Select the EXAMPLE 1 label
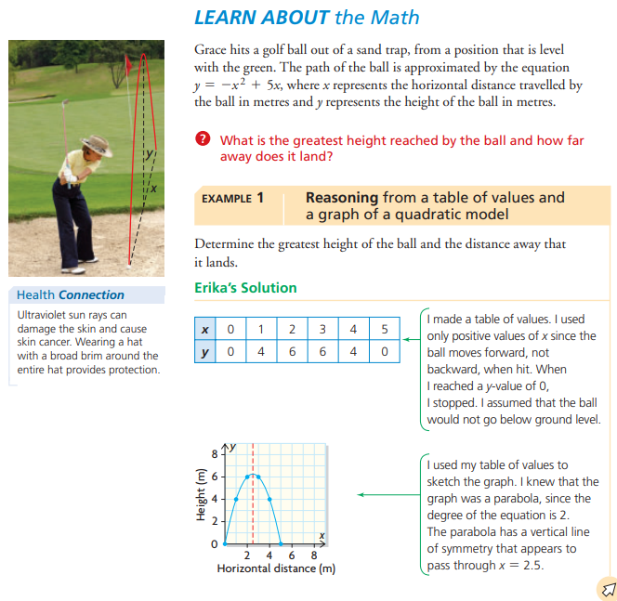point(232,198)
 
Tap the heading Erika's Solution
point(245,288)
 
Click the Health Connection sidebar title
point(71,294)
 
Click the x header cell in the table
point(204,329)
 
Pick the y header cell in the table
point(204,352)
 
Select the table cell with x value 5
point(384,329)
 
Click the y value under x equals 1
point(262,352)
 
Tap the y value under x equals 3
point(322,352)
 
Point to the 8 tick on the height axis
point(214,455)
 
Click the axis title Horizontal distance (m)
point(276,568)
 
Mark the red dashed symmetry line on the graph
point(253,502)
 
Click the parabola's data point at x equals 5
point(282,543)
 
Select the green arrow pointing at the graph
point(386,494)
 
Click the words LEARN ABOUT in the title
point(248,17)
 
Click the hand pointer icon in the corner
point(607,587)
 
